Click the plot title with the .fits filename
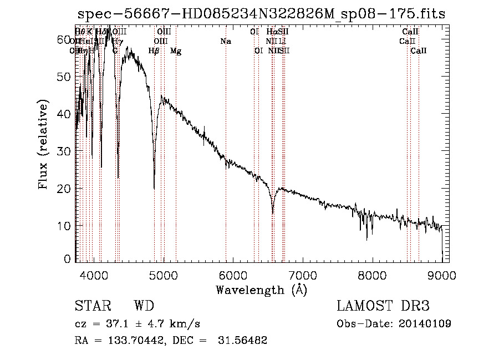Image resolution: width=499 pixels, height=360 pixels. (260, 13)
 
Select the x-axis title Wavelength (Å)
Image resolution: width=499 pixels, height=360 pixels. (261, 290)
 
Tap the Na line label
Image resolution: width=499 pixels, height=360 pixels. (226, 42)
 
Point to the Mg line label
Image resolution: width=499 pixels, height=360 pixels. (176, 51)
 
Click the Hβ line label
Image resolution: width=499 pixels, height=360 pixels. (154, 51)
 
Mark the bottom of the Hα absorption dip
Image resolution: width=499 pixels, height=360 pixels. (272, 213)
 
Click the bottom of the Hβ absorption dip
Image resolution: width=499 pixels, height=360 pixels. (154, 189)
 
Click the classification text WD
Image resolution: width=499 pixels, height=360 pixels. (144, 306)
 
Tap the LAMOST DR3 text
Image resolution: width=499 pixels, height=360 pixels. (383, 306)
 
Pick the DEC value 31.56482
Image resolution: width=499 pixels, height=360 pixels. (243, 341)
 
